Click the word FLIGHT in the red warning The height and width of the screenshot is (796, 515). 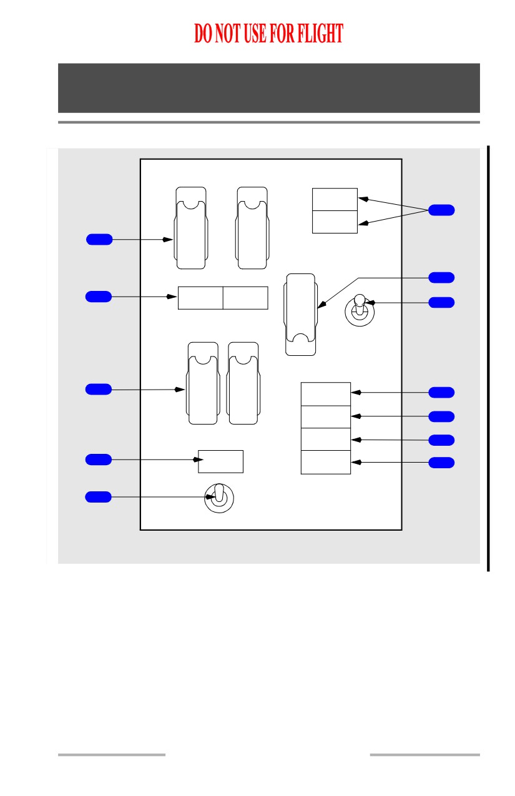[x=320, y=33]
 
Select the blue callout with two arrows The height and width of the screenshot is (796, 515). [x=441, y=210]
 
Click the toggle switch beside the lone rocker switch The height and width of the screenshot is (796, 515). [x=360, y=310]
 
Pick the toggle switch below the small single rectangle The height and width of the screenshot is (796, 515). [x=219, y=498]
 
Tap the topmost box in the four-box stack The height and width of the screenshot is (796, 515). [x=326, y=394]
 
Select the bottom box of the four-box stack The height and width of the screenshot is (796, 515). [x=326, y=462]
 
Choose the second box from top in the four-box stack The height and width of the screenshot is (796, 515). [x=326, y=416]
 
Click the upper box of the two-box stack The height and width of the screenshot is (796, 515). [x=335, y=199]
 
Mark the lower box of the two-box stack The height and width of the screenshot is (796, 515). [x=335, y=222]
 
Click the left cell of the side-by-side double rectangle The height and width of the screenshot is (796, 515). [x=200, y=298]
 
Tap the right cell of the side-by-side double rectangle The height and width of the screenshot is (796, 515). [x=245, y=298]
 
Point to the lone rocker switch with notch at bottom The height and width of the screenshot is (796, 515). [x=300, y=315]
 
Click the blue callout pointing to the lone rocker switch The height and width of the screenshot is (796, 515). [x=441, y=278]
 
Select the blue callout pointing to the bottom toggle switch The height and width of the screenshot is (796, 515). [x=98, y=497]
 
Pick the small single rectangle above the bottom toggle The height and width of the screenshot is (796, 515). [x=220, y=461]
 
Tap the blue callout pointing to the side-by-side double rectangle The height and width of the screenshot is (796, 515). [x=99, y=297]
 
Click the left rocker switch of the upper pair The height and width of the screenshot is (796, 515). [x=191, y=228]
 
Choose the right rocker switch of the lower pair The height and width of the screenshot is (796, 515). [x=243, y=383]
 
